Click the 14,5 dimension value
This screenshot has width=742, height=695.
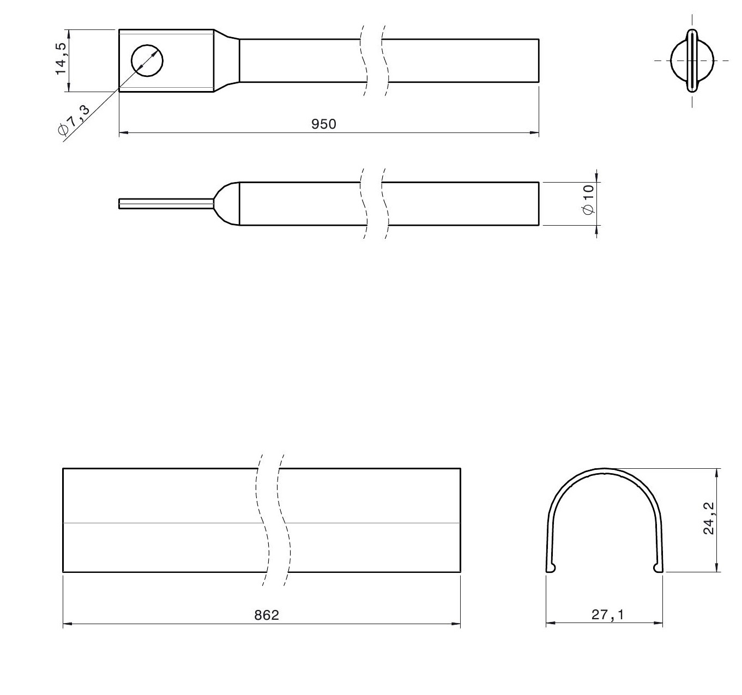click(x=61, y=59)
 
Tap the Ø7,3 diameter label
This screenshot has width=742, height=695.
click(x=74, y=119)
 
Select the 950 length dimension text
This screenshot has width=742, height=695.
click(x=323, y=124)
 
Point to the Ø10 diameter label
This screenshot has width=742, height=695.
click(x=588, y=200)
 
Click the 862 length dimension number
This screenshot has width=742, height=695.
click(x=267, y=615)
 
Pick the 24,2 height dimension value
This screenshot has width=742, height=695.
click(x=709, y=518)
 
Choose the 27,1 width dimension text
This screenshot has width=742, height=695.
click(x=607, y=615)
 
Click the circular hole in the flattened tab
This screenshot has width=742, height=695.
click(x=147, y=61)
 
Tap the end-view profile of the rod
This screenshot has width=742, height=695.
click(x=692, y=61)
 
